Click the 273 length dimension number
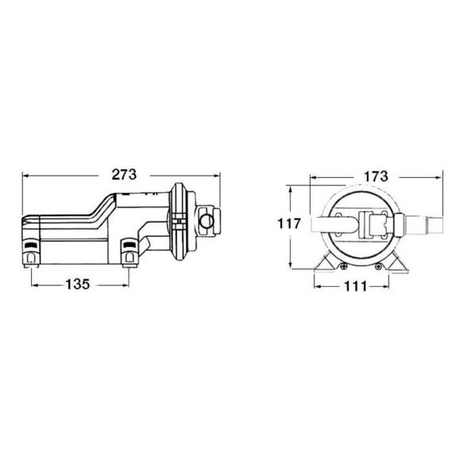coord(124,175)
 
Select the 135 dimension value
coord(78,284)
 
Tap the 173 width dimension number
coord(376,176)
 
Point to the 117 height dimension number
coord(289,223)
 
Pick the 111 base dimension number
coord(355,286)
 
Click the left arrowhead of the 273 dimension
coord(25,176)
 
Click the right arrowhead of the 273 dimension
coord(217,176)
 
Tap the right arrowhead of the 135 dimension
coord(126,285)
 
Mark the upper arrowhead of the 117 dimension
coord(291,189)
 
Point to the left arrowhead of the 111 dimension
coord(318,286)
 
